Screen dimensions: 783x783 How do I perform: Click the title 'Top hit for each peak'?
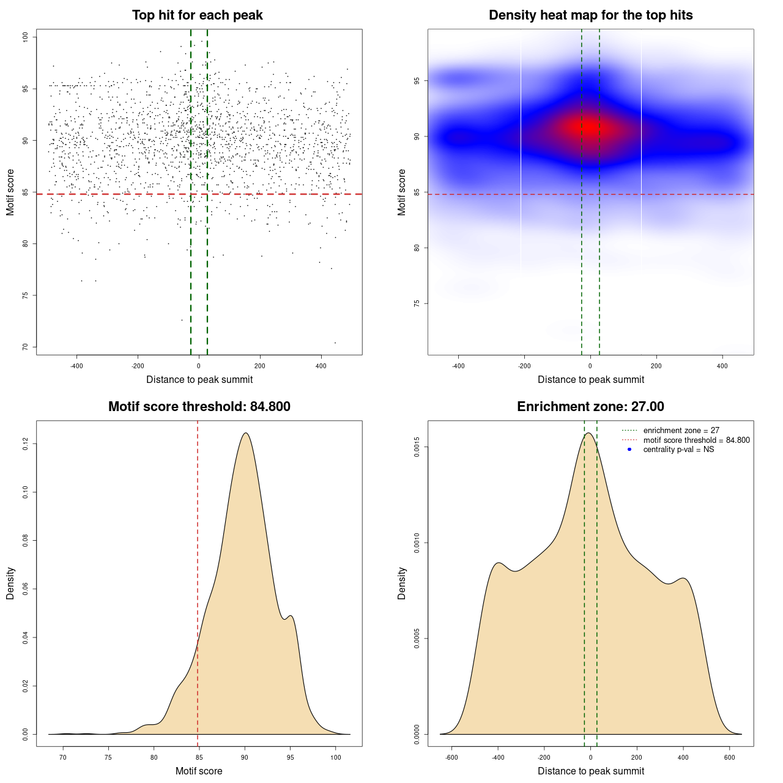point(197,15)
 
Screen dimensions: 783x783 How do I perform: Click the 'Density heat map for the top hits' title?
point(590,15)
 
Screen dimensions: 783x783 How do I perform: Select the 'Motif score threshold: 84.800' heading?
point(199,407)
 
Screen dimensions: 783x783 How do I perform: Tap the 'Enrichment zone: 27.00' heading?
point(590,407)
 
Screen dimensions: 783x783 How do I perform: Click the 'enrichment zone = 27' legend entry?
point(681,431)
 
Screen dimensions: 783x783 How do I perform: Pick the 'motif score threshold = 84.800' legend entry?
point(696,440)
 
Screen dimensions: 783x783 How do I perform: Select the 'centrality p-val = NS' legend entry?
point(678,450)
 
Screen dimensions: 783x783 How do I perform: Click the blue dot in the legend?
point(629,450)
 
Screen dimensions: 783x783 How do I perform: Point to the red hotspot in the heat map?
point(588,127)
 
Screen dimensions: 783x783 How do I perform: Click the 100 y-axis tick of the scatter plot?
point(25,37)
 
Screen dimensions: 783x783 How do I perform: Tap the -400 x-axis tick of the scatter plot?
point(76,366)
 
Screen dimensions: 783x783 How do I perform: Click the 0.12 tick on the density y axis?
point(25,443)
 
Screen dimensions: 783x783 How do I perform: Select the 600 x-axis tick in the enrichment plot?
point(729,757)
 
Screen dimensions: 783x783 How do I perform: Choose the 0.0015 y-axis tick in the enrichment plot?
point(417,447)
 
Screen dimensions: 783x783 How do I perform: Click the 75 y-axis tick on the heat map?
point(417,303)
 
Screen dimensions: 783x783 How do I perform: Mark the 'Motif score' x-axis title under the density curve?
point(199,771)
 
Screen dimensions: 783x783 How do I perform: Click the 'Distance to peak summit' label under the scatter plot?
point(199,380)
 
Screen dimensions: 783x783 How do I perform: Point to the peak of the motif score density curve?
point(245,433)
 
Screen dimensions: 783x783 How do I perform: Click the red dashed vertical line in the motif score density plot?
point(198,581)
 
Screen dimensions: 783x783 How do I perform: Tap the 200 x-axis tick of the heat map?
point(656,366)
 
